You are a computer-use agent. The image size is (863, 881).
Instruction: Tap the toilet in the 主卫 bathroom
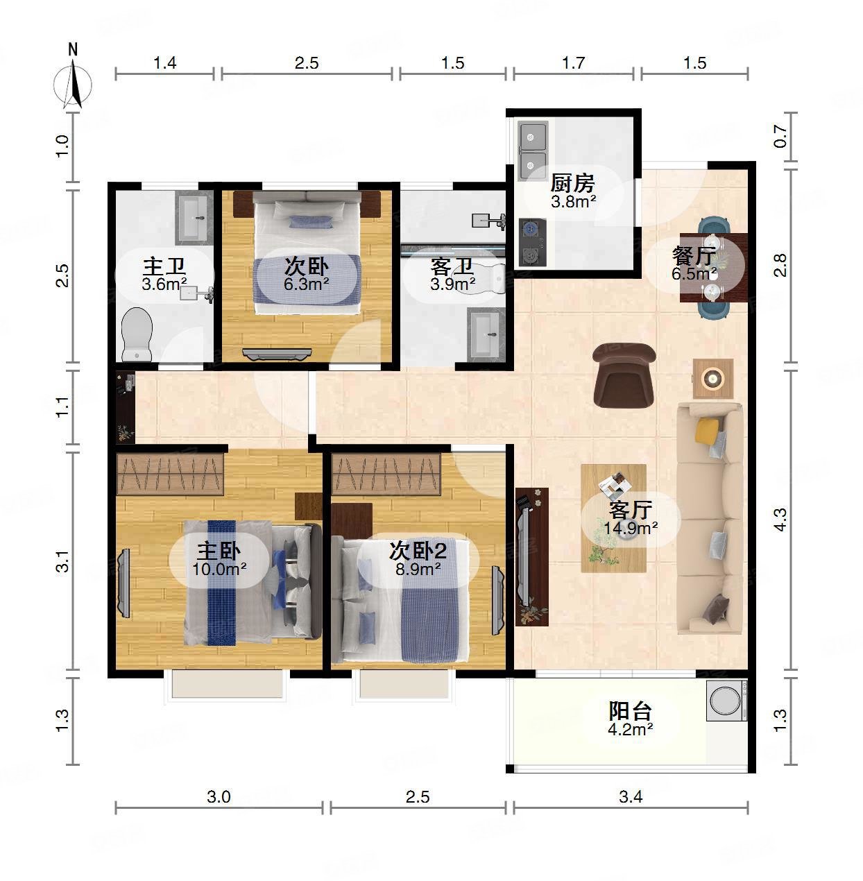pyautogui.click(x=137, y=334)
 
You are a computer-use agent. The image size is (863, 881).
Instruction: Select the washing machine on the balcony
pyautogui.click(x=727, y=701)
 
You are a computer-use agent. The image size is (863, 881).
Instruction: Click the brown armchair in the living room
pyautogui.click(x=624, y=375)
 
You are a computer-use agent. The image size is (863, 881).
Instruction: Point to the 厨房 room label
pyautogui.click(x=572, y=183)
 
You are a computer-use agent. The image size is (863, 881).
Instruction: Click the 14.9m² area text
pyautogui.click(x=631, y=529)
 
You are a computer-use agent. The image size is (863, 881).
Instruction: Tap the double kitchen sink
pyautogui.click(x=533, y=151)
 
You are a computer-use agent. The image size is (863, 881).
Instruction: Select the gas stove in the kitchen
pyautogui.click(x=533, y=243)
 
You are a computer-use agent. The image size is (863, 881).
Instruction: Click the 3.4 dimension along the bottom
pyautogui.click(x=631, y=797)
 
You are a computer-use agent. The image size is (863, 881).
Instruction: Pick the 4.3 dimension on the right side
pyautogui.click(x=780, y=520)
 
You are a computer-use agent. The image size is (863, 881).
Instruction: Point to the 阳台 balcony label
pyautogui.click(x=630, y=711)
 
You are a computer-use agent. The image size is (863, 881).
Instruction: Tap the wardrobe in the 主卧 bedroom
pyautogui.click(x=170, y=474)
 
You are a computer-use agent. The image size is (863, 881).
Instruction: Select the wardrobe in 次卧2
pyautogui.click(x=386, y=474)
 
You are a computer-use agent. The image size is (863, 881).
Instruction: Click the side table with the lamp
pyautogui.click(x=713, y=379)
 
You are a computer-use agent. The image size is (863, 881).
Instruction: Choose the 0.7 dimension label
pyautogui.click(x=780, y=136)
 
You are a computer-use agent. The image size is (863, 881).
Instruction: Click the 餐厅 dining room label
pyautogui.click(x=694, y=256)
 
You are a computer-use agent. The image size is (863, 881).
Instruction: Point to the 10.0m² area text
pyautogui.click(x=219, y=570)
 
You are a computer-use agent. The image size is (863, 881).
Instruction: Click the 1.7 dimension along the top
pyautogui.click(x=573, y=62)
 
